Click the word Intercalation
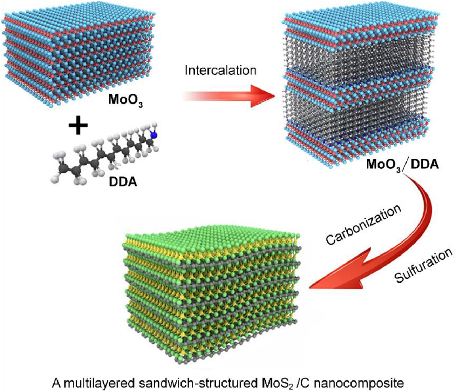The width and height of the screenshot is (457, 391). [220, 70]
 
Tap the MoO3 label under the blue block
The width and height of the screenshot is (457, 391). [125, 100]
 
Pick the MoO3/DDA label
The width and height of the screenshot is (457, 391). [402, 164]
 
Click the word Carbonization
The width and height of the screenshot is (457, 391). [363, 225]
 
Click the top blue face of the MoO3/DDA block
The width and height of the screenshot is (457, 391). [354, 16]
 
